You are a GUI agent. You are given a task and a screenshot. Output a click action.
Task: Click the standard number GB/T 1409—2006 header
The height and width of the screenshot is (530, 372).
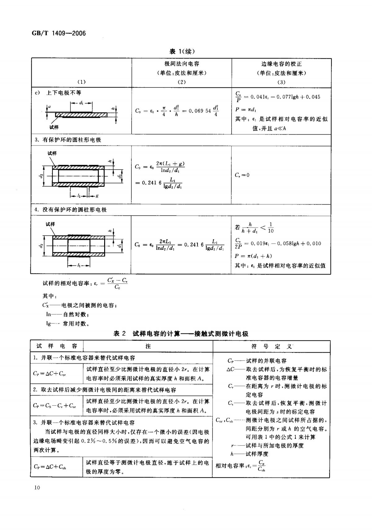click(x=59, y=33)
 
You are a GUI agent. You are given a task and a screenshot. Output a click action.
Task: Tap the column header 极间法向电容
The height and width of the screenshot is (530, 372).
click(x=182, y=64)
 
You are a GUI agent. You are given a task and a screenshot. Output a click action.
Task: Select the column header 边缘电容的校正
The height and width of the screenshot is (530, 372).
click(x=281, y=64)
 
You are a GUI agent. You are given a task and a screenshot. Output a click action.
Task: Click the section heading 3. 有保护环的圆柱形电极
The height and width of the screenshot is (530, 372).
click(x=68, y=140)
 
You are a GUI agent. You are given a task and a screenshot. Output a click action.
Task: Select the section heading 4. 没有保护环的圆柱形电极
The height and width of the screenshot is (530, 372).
click(x=71, y=210)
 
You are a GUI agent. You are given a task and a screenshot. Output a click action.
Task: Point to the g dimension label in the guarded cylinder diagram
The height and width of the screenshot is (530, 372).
click(x=97, y=196)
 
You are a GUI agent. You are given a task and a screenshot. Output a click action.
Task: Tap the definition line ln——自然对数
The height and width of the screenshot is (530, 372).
click(x=68, y=314)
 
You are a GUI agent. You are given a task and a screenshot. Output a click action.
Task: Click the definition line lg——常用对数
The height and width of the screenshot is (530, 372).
click(x=68, y=324)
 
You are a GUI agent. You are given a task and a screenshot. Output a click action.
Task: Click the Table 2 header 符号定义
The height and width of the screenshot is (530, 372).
click(x=271, y=346)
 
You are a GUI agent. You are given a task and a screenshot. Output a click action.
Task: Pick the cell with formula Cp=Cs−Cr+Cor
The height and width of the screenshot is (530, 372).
click(x=55, y=405)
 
